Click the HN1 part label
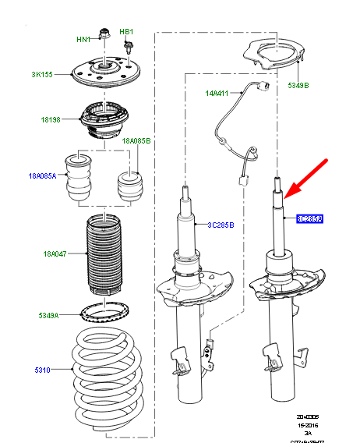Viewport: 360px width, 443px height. tap(83, 39)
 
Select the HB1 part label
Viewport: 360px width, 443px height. tap(127, 32)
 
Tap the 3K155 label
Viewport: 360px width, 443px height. tap(42, 75)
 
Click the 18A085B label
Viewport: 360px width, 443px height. tap(136, 140)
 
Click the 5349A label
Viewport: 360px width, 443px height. tap(50, 316)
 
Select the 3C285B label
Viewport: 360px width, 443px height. tap(221, 225)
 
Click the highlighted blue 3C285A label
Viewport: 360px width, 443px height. tap(309, 220)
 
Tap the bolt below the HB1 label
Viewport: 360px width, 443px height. tap(125, 47)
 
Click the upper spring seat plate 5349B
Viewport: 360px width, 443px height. tap(273, 57)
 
